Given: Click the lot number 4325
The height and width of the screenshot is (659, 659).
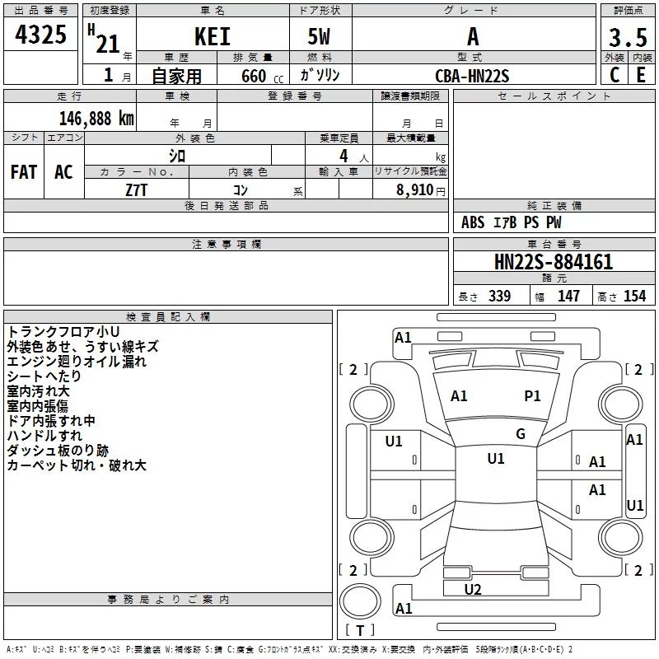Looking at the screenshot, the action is click(40, 35).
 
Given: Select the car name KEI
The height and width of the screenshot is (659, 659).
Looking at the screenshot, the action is click(213, 36).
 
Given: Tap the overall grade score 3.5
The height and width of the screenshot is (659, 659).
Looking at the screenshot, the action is click(628, 37).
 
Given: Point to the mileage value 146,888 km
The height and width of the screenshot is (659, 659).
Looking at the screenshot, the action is click(96, 119).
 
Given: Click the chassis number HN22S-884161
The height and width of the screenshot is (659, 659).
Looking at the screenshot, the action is click(554, 262).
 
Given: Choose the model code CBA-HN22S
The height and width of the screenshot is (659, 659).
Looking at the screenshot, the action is click(472, 76).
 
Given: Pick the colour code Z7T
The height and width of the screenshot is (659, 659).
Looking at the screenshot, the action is click(136, 190).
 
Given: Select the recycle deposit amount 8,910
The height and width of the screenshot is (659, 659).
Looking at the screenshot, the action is click(415, 190).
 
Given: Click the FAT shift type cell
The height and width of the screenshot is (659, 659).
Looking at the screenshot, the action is click(24, 172).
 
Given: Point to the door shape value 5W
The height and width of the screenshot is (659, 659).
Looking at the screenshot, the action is click(319, 36).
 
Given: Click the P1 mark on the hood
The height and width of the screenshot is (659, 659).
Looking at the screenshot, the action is click(532, 395).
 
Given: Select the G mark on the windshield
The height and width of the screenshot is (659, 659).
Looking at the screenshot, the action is click(521, 434).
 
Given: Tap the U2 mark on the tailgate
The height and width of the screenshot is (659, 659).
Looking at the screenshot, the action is click(473, 589).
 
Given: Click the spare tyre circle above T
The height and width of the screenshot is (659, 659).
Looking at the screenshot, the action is click(360, 601).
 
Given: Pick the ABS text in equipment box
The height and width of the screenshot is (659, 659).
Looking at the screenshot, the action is click(473, 222).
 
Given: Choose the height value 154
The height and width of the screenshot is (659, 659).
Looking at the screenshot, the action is click(634, 296).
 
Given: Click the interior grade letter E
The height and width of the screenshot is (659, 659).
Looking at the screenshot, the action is click(641, 75).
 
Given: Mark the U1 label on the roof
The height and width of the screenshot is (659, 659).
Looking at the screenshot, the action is click(496, 458).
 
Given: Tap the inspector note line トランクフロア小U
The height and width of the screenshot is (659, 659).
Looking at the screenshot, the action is click(63, 331).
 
